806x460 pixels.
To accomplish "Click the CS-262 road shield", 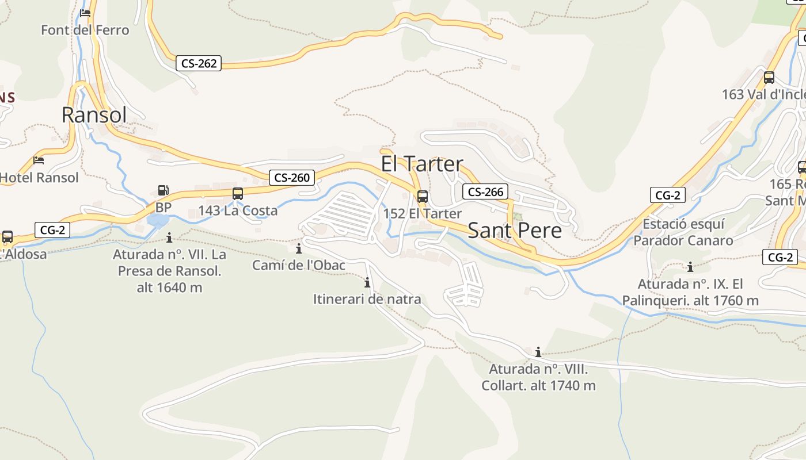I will coord(199,63).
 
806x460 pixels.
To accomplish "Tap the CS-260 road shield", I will coord(292,178).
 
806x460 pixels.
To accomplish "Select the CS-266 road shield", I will coord(485,192).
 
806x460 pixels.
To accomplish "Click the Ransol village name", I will coord(94,115).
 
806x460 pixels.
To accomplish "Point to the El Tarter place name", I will coord(422,164).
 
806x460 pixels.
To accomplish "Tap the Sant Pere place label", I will coord(515,230).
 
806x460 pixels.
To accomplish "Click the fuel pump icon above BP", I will coord(164,190).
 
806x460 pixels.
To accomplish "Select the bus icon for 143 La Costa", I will coord(238,194).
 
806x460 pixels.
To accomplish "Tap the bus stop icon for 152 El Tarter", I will coord(423,197).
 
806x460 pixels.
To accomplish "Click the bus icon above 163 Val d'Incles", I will coord(769,78).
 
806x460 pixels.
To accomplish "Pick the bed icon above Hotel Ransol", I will coord(39,160).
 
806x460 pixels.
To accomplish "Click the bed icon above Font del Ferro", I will coord(85,13).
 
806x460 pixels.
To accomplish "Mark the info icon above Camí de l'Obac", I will coord(299,248).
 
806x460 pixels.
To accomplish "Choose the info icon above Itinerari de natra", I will coord(367,282).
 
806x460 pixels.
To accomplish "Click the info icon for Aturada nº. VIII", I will coord(538,352).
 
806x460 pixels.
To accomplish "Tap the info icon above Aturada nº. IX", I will coord(690,267).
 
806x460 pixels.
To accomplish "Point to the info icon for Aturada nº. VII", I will coord(169,237).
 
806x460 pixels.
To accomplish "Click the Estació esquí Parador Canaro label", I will coord(683,232).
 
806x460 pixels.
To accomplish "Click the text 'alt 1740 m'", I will coord(563,386).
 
